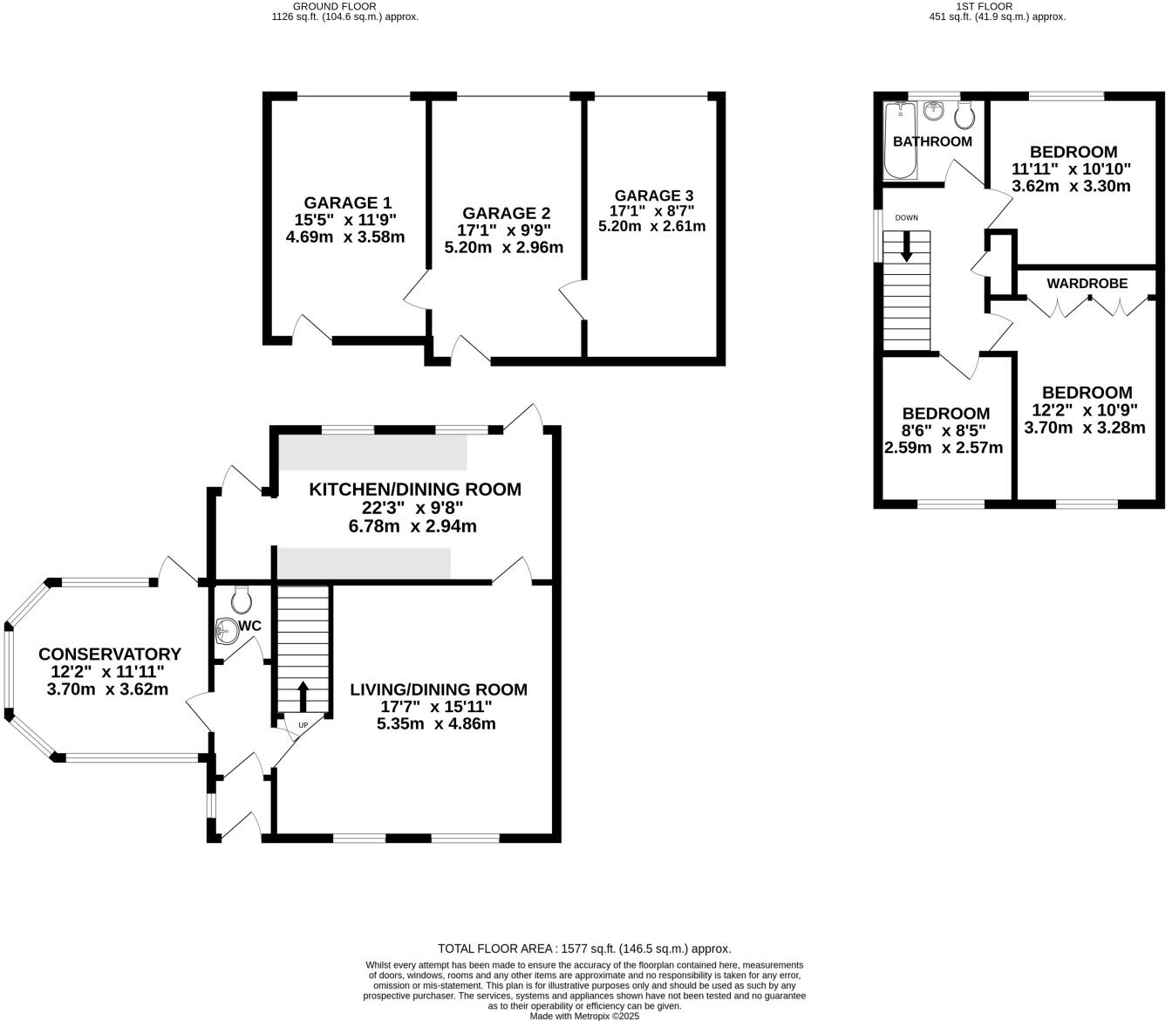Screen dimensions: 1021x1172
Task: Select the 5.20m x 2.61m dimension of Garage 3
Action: click(x=652, y=226)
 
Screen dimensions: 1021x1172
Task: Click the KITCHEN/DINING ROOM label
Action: click(x=415, y=490)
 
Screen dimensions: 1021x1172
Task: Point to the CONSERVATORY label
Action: click(x=110, y=654)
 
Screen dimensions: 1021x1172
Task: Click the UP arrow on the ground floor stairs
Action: click(x=303, y=696)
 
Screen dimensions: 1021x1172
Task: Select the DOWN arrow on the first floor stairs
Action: click(x=906, y=246)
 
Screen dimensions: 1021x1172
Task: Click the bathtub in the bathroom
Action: click(x=900, y=140)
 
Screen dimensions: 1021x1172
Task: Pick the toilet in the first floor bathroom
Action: click(x=964, y=113)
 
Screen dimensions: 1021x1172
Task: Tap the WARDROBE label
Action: click(x=1087, y=284)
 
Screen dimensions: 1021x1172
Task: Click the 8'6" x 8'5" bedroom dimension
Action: click(x=944, y=430)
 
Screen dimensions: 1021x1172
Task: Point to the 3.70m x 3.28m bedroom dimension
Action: click(x=1085, y=428)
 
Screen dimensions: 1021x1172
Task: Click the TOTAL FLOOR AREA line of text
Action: click(x=583, y=949)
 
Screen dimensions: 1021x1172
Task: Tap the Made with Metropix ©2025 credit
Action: click(x=584, y=1016)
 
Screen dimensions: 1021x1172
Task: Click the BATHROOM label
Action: click(x=932, y=141)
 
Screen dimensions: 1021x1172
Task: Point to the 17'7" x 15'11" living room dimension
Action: click(x=437, y=707)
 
